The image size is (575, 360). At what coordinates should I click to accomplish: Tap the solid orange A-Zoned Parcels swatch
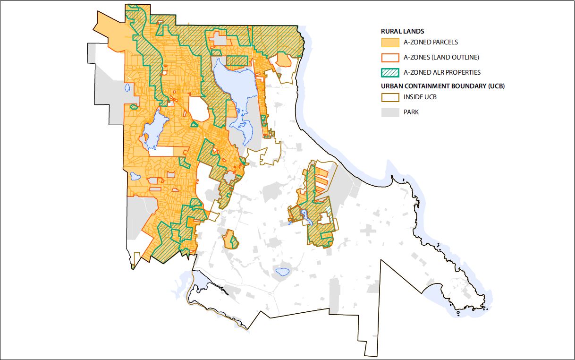(x=390, y=43)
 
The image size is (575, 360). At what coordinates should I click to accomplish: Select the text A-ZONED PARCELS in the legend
(x=431, y=43)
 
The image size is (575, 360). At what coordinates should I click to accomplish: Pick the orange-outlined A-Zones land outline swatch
(x=390, y=58)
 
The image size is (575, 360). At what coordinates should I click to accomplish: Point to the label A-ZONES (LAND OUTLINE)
(x=441, y=58)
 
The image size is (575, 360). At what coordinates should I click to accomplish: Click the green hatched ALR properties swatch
(x=390, y=72)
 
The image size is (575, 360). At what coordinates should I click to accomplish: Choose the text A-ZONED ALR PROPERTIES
(x=442, y=72)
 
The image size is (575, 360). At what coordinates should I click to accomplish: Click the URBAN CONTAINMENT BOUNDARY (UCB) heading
(x=446, y=86)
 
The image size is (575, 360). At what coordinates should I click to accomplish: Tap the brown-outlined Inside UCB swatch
(x=390, y=97)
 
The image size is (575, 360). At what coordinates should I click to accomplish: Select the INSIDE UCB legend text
(x=420, y=97)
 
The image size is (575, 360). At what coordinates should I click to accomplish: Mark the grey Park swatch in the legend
(x=390, y=112)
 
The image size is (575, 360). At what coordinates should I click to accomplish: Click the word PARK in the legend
(x=411, y=112)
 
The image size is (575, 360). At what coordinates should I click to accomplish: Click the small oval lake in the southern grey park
(x=282, y=272)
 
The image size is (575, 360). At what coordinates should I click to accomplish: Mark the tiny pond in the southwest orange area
(x=135, y=176)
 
